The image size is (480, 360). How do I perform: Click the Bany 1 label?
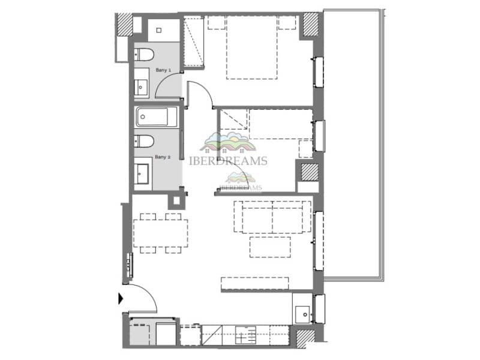163,70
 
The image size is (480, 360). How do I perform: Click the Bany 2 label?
163,157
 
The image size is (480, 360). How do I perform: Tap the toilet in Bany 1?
143,55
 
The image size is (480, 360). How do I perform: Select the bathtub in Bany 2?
156,117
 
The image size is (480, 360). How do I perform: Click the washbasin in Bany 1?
141,85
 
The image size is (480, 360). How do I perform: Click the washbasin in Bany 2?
143,173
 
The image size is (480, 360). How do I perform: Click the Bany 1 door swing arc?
169,85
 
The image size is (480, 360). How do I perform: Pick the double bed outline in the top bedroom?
252,48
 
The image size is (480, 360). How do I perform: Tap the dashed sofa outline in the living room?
272,217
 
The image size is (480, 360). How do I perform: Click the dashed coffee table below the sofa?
270,247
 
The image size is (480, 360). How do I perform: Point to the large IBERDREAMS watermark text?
228,161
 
